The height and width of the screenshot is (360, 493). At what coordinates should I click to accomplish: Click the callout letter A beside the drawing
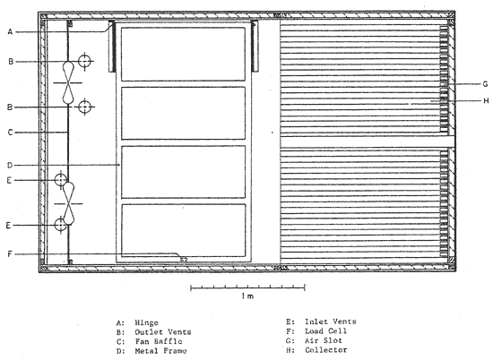11,31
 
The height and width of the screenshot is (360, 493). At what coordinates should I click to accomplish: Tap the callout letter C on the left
10,133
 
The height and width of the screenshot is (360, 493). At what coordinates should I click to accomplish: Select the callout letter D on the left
10,166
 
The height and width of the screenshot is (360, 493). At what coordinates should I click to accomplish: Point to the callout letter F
10,254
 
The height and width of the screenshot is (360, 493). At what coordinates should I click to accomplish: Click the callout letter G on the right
485,84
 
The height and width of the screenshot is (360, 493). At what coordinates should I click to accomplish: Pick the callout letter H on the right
486,101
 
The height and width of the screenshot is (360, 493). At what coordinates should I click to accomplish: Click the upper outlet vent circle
84,61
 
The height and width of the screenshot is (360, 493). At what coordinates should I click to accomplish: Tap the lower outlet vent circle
84,107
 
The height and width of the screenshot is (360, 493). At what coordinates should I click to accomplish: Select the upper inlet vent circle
61,180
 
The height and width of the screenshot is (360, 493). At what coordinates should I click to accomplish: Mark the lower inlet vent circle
60,225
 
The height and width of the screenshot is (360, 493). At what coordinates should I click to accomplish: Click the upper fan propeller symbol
68,83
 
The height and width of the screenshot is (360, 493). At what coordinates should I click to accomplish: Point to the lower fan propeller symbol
68,203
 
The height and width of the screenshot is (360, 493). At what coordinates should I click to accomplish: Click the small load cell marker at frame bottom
184,260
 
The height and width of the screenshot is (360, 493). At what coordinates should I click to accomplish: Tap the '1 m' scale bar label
247,296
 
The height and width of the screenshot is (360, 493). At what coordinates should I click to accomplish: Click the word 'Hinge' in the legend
146,323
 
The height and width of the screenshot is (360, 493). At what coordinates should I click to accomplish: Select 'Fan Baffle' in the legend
159,341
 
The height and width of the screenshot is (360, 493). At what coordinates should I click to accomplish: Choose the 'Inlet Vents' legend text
331,321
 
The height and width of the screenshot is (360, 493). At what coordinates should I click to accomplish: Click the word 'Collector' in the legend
326,350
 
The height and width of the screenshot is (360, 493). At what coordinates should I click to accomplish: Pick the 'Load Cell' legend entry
325,331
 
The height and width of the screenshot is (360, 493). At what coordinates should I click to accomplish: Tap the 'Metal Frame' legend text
160,351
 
